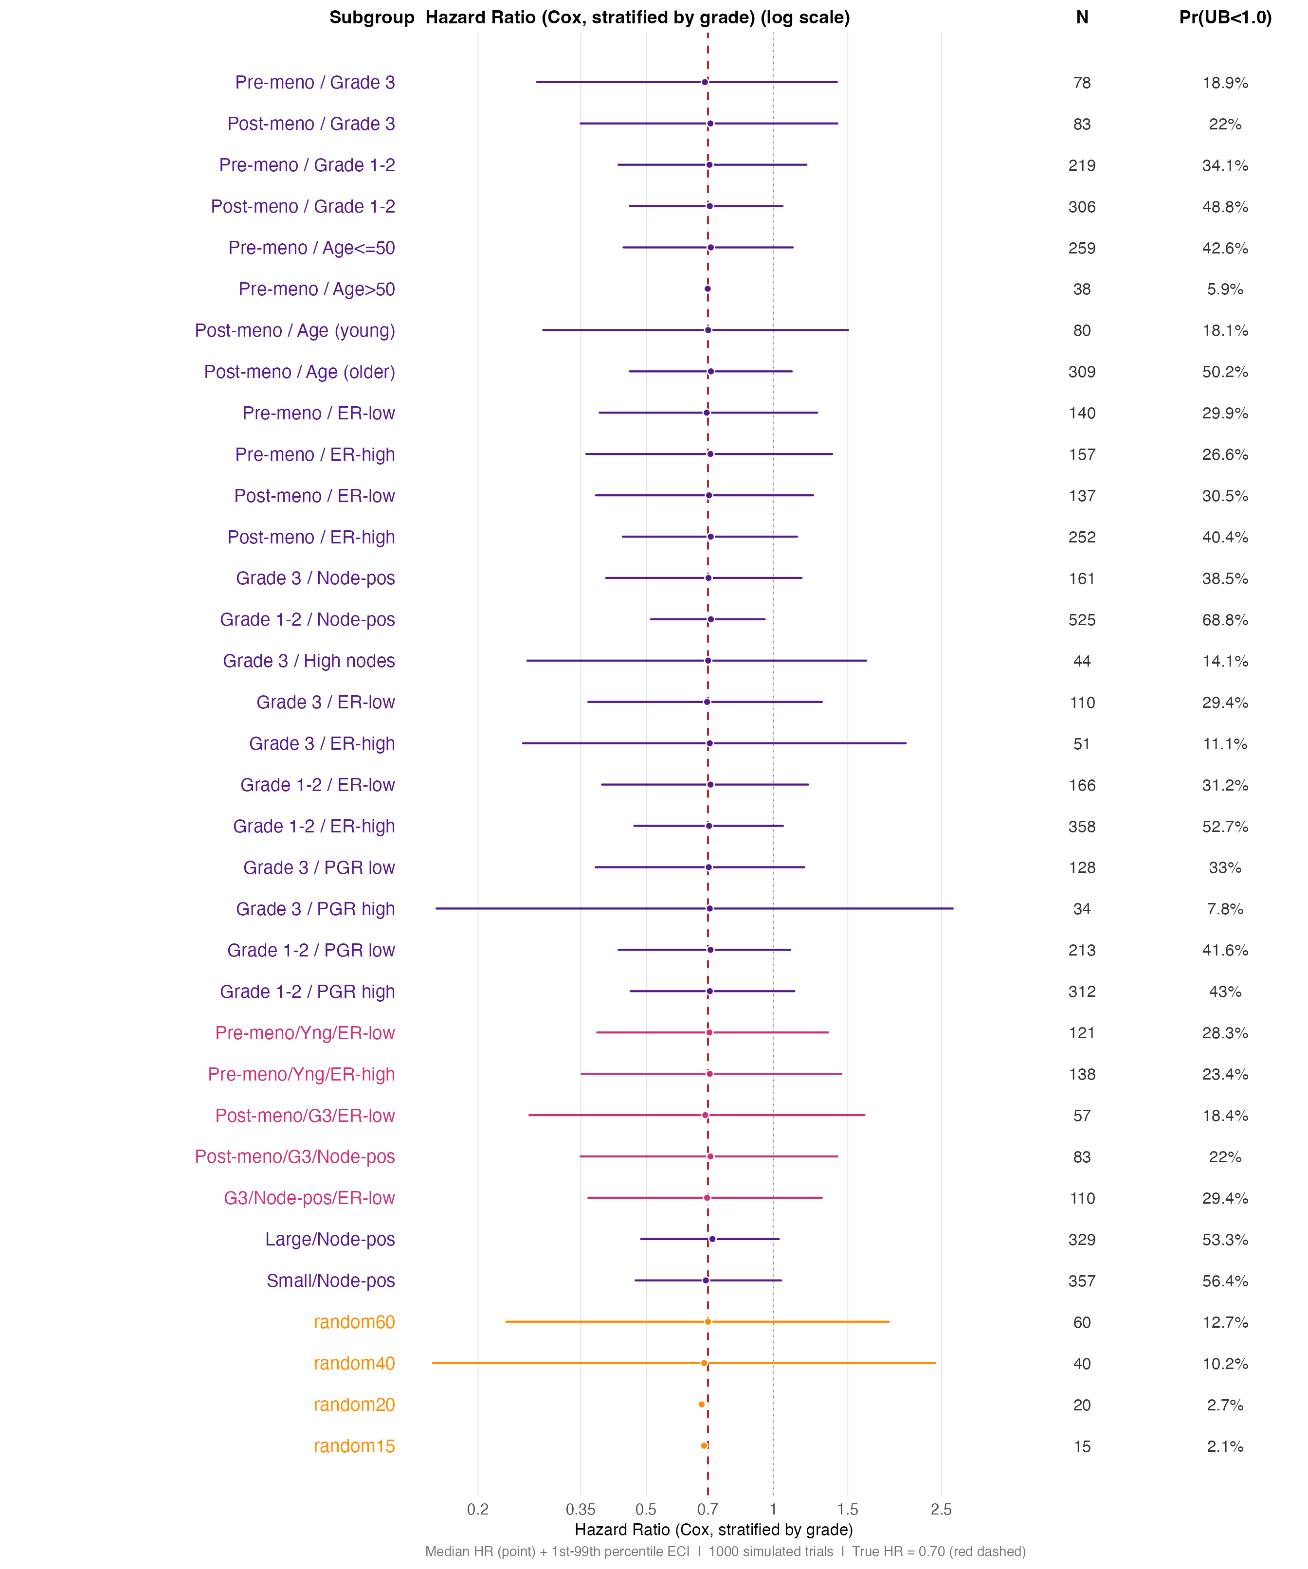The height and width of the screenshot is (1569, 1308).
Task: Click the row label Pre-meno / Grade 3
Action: point(315,82)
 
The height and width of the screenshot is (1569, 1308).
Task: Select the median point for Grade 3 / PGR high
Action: point(709,908)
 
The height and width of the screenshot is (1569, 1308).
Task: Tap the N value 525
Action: point(1082,619)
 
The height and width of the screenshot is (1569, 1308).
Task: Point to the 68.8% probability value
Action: point(1224,619)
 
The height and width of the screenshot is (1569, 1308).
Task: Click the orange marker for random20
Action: point(701,1404)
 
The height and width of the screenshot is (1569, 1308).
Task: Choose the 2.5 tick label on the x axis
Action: point(941,1509)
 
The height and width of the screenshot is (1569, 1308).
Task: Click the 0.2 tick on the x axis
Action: point(478,1509)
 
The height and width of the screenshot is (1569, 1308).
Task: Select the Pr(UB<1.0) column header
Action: point(1224,17)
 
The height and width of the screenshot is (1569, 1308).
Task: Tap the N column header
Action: point(1082,17)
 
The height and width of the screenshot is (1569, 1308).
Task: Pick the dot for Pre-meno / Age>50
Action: point(707,289)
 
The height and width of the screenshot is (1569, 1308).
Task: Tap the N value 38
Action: point(1082,289)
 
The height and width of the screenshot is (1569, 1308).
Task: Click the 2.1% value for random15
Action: point(1224,1446)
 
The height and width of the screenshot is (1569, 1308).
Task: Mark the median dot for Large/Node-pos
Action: point(711,1239)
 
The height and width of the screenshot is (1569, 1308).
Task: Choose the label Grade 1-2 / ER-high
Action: point(314,826)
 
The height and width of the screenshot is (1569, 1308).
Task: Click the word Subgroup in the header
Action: point(371,17)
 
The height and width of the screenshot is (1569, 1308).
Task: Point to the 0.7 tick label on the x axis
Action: point(707,1509)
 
